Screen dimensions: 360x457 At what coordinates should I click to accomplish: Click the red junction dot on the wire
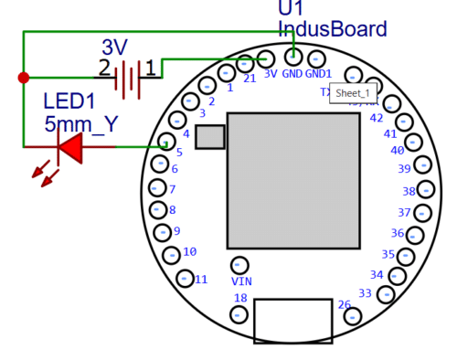(x=23, y=78)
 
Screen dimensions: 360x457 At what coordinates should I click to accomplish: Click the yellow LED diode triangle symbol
(x=70, y=146)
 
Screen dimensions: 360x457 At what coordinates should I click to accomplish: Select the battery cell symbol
(x=129, y=79)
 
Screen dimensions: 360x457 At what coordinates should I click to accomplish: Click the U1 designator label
(x=291, y=8)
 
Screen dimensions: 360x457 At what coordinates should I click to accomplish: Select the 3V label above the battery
(x=116, y=47)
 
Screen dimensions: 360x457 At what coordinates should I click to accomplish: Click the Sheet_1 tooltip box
(x=352, y=93)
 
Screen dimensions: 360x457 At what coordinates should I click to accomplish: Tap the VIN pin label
(x=241, y=281)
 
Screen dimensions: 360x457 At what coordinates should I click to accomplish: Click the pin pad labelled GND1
(x=316, y=58)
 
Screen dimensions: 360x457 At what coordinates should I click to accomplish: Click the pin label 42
(x=376, y=118)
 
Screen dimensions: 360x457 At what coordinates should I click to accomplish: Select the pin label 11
(x=200, y=279)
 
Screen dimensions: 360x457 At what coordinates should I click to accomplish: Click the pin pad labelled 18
(x=239, y=314)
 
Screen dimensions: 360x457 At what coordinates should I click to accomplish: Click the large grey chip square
(x=293, y=179)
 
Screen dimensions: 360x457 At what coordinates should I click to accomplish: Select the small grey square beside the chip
(x=209, y=137)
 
